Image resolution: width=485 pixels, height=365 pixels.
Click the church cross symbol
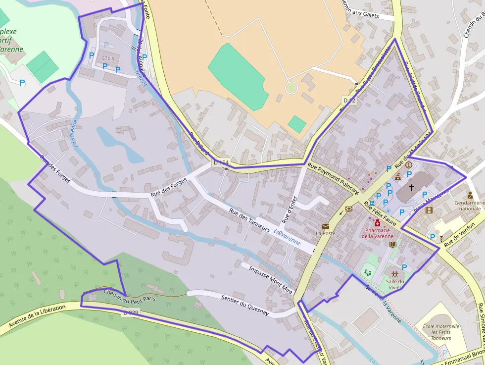tap(412, 188)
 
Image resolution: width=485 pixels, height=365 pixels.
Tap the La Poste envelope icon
tap(325, 226)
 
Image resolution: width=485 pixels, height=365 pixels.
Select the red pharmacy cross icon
tap(378, 223)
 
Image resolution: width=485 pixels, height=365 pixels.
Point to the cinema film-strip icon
tap(429, 210)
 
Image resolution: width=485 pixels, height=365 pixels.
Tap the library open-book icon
tap(393, 245)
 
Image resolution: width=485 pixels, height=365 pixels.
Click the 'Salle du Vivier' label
tap(394, 284)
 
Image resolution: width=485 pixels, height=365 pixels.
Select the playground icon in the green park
tap(367, 272)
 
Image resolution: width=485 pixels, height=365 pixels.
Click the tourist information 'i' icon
tap(409, 164)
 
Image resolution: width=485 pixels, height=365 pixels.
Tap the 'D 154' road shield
tap(222, 162)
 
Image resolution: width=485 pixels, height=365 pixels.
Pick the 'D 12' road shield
tap(349, 101)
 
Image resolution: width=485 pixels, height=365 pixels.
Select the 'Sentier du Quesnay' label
tap(245, 305)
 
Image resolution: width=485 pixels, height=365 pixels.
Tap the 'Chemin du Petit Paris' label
tap(130, 297)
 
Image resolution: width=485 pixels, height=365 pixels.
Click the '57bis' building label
tap(108, 58)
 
